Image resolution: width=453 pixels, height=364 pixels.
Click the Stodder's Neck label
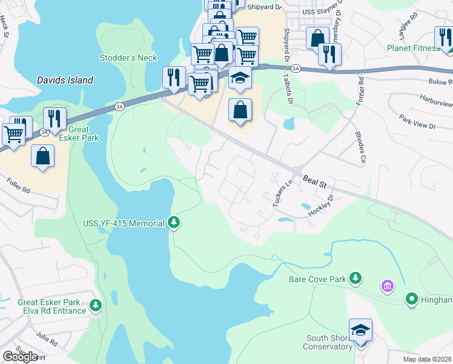point(128,58)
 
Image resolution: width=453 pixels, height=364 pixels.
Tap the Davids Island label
point(65,80)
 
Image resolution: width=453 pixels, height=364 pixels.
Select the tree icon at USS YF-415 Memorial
point(174,223)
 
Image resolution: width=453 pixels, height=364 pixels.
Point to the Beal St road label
point(316,181)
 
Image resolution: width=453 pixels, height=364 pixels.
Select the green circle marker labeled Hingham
point(412,299)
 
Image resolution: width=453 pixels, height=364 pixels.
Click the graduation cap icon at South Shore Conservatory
point(360,330)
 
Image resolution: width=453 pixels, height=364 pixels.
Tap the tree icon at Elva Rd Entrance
point(95,306)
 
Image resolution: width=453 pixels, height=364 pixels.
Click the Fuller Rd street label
point(18,184)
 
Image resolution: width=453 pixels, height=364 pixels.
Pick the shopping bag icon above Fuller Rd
point(43,156)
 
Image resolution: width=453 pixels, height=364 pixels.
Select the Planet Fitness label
point(413,49)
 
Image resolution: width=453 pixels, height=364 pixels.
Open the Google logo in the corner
point(20,356)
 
